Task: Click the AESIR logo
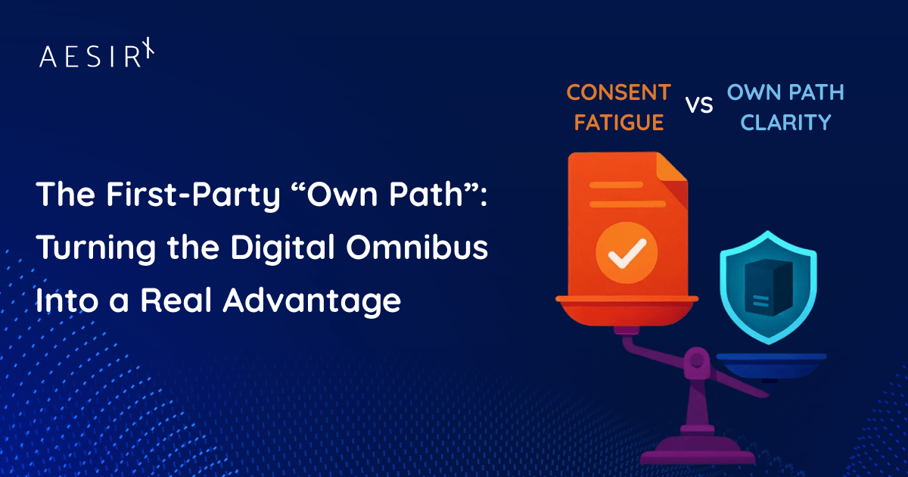97,53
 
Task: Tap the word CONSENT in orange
619,93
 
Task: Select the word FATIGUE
619,123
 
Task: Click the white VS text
699,104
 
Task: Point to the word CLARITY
785,123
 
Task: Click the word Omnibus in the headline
417,247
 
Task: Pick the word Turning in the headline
96,248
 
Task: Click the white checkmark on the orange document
627,254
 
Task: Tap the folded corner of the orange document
671,167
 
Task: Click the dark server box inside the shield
768,288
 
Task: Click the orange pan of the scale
627,310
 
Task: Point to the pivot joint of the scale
696,360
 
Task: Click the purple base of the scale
697,450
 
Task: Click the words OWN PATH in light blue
785,93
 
